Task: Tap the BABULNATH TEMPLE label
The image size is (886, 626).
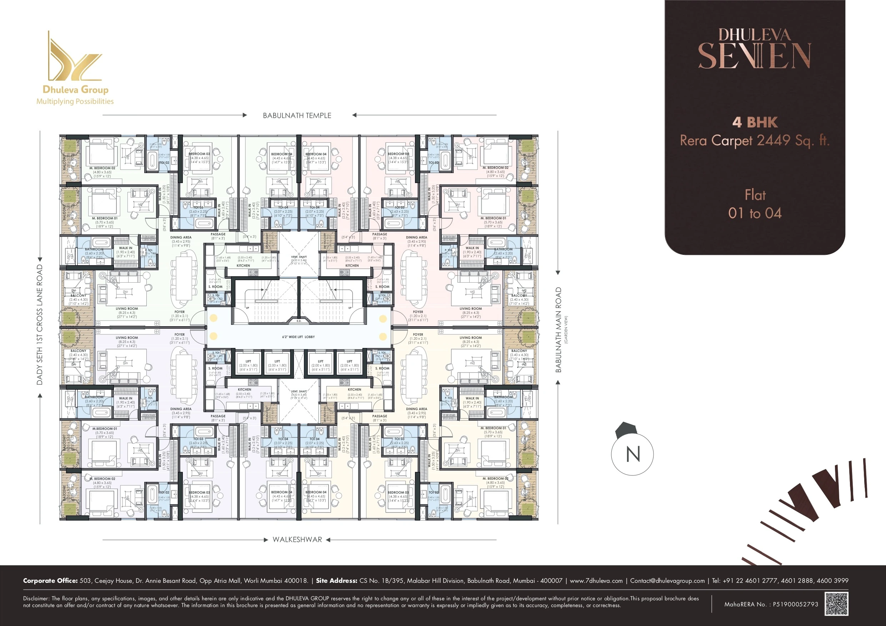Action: tap(297, 115)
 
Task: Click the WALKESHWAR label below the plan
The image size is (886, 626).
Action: tap(297, 540)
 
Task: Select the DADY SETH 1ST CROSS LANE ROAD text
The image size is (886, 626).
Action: tap(39, 324)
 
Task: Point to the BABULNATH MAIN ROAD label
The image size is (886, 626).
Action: tap(559, 330)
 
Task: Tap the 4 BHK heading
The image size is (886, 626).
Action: tap(755, 122)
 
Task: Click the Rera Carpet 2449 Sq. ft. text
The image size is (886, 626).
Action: tap(755, 140)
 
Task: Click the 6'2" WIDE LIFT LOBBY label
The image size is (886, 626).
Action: tap(298, 337)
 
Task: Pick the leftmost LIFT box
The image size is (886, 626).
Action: tap(248, 365)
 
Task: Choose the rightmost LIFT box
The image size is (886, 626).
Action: tap(349, 365)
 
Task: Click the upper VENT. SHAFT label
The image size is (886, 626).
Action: tap(299, 257)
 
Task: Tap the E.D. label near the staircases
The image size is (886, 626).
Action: tap(299, 321)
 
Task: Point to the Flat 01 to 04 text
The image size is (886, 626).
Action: tap(755, 204)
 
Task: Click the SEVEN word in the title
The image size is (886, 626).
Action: tap(755, 56)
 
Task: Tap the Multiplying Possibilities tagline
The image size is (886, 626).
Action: tap(75, 101)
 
